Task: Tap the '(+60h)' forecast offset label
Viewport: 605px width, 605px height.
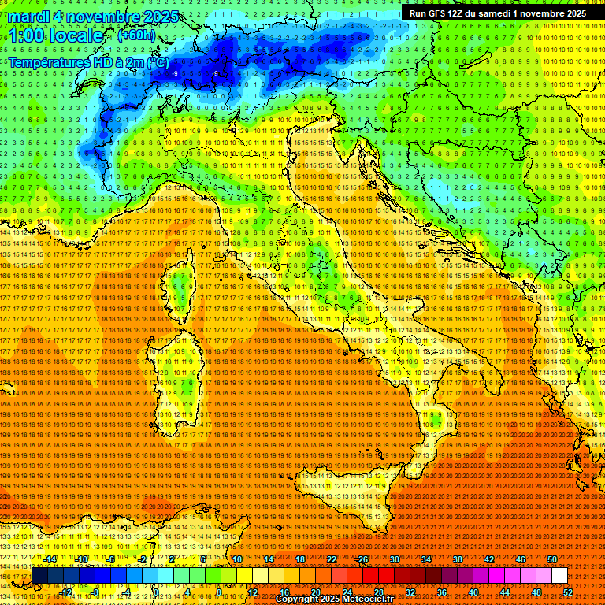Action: tap(136, 35)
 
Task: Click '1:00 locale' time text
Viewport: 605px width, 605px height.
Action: tap(55, 36)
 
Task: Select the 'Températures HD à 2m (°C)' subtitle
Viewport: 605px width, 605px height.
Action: tap(88, 61)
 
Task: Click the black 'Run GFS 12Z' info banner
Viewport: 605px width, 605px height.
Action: tap(497, 13)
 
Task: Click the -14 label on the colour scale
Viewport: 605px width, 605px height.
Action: tap(50, 559)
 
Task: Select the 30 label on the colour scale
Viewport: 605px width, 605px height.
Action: tap(394, 559)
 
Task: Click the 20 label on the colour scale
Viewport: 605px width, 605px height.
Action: tap(315, 592)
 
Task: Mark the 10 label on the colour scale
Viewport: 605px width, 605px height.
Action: tap(237, 559)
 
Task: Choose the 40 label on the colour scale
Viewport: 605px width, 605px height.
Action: tap(473, 592)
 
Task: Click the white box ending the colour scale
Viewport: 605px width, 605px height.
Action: tap(559, 575)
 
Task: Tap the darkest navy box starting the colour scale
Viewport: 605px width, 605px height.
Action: tap(39, 575)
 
